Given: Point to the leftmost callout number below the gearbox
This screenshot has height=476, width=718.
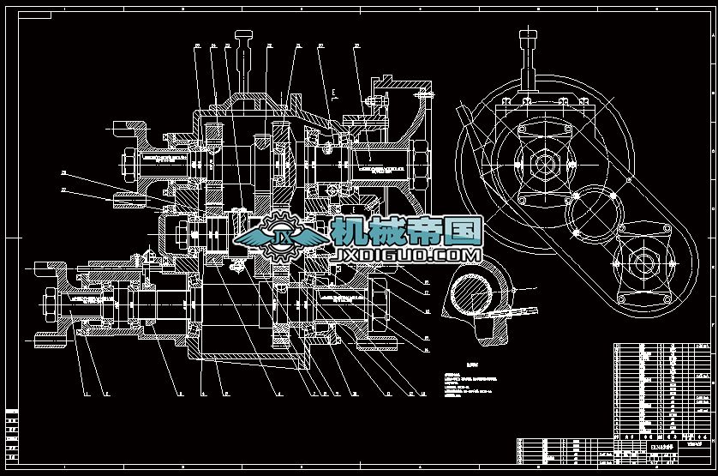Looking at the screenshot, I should point(85,395).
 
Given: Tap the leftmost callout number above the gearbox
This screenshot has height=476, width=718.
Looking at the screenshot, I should point(197,45).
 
